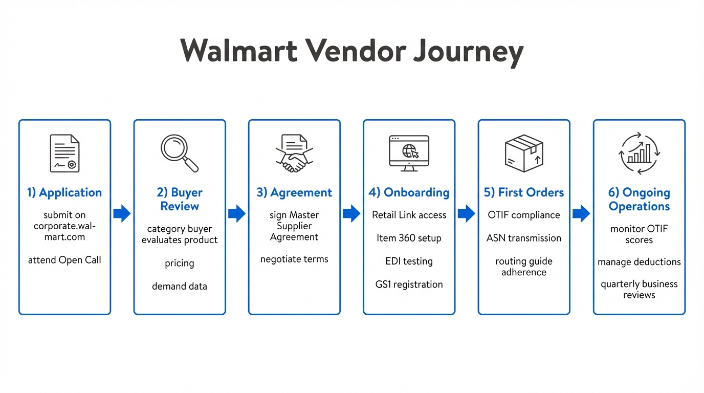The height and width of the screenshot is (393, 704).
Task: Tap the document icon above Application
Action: (x=64, y=153)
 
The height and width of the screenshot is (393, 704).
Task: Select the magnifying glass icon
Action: (x=180, y=153)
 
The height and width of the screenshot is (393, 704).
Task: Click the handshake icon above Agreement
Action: (x=294, y=154)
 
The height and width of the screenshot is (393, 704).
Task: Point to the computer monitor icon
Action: (x=409, y=153)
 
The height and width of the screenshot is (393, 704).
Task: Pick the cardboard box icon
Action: (x=523, y=153)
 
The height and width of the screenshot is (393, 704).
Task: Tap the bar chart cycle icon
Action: (x=639, y=153)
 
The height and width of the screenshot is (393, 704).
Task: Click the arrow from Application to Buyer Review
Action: (x=122, y=213)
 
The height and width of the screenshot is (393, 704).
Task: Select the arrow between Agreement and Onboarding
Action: (x=351, y=213)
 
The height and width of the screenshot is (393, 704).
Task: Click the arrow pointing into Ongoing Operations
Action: (x=581, y=213)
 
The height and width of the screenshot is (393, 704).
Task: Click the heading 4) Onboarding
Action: (x=409, y=192)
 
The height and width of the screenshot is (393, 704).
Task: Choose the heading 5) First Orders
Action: (x=523, y=192)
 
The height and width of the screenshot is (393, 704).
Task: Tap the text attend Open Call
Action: (x=64, y=260)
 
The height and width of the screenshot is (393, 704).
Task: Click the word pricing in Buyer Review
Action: (x=180, y=264)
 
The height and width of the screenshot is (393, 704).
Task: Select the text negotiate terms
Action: (x=294, y=259)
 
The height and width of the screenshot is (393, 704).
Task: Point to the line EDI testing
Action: (x=409, y=261)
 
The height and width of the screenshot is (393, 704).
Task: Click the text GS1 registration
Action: (x=409, y=285)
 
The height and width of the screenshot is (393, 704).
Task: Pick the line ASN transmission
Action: (x=523, y=238)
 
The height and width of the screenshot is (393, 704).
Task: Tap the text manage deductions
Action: (x=639, y=262)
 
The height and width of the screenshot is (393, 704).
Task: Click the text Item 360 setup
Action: (x=409, y=238)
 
